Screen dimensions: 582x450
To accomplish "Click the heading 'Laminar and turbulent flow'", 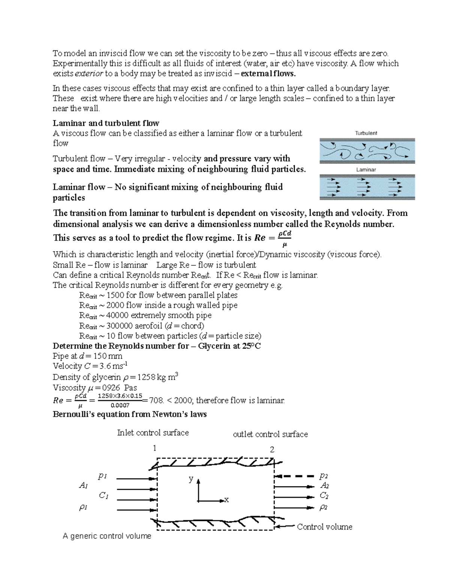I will coord(106,123).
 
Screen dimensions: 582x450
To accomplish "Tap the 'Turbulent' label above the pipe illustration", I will coord(366,133).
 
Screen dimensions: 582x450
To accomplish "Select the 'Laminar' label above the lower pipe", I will coord(366,169).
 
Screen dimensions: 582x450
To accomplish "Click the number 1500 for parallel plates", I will coord(115,295).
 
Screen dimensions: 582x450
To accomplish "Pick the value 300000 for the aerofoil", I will coord(119,326).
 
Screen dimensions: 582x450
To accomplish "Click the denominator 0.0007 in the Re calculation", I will coord(120,405).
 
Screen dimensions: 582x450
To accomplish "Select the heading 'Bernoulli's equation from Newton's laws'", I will coord(130,414).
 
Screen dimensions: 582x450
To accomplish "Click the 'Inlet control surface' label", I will coord(153,432).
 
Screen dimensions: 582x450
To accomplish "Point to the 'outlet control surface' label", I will coord(270,434).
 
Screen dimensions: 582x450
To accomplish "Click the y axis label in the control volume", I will coord(191,479).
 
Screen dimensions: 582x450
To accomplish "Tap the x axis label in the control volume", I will coord(226,500).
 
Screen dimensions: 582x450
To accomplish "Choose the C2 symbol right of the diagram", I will coord(324,495).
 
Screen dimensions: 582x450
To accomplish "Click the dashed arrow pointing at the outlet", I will coord(294,476).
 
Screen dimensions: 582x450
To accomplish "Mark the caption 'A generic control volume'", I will coord(107,536).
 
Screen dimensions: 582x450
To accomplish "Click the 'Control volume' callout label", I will coord(324,527).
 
